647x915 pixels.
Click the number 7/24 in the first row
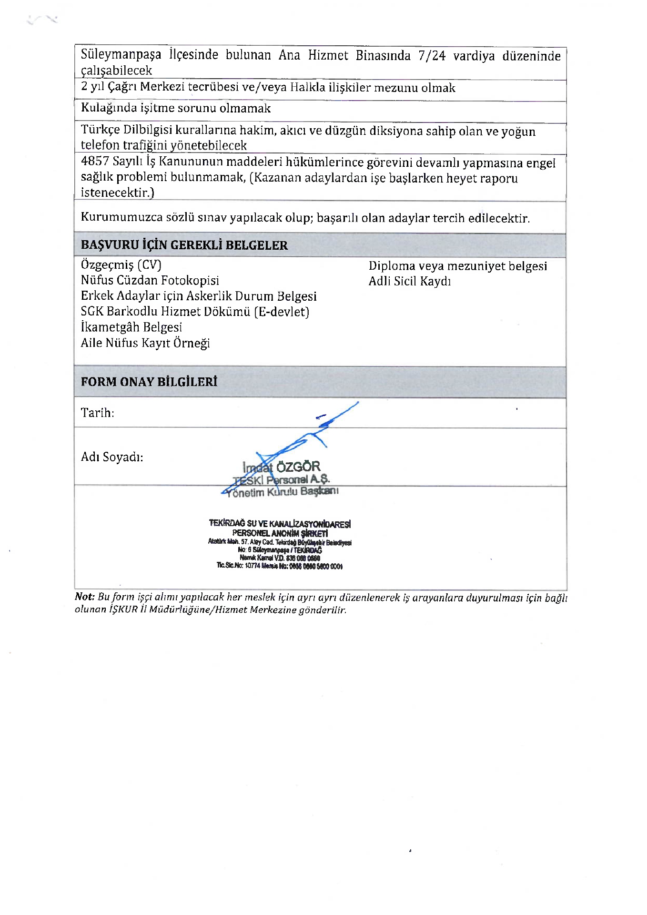[432, 56]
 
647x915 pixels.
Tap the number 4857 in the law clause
[95, 161]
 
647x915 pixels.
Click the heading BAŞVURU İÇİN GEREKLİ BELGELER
[184, 245]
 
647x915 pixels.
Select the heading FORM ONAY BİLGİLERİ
[149, 382]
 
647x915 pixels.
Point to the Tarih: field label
[97, 413]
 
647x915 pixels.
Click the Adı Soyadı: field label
[112, 457]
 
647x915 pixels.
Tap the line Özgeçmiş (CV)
[121, 265]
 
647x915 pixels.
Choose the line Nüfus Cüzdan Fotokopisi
[150, 280]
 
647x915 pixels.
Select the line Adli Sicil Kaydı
[409, 281]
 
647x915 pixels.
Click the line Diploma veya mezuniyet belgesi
[457, 266]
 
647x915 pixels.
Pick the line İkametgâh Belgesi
[131, 327]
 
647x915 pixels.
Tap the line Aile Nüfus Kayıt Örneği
[145, 343]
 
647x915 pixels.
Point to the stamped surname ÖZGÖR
[298, 467]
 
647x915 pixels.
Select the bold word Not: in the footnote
[85, 597]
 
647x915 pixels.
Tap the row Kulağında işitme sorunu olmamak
[175, 108]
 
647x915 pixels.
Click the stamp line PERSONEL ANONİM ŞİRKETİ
[280, 533]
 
